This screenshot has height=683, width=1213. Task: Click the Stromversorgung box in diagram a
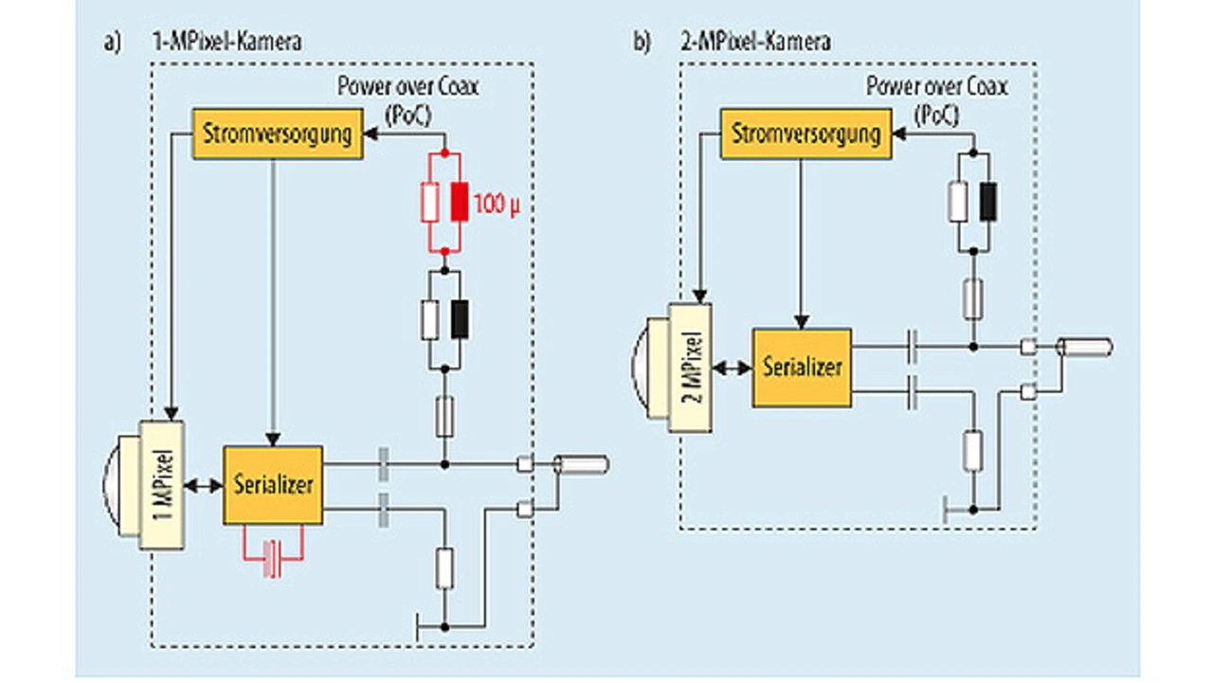click(278, 135)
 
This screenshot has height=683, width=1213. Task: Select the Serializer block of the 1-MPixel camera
click(273, 484)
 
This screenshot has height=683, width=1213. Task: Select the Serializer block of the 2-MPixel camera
click(802, 367)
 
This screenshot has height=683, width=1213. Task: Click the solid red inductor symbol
click(460, 203)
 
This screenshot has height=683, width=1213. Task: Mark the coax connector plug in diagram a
click(582, 465)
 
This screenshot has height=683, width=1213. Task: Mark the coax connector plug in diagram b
click(1086, 348)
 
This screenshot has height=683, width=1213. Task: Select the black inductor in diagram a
click(460, 318)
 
